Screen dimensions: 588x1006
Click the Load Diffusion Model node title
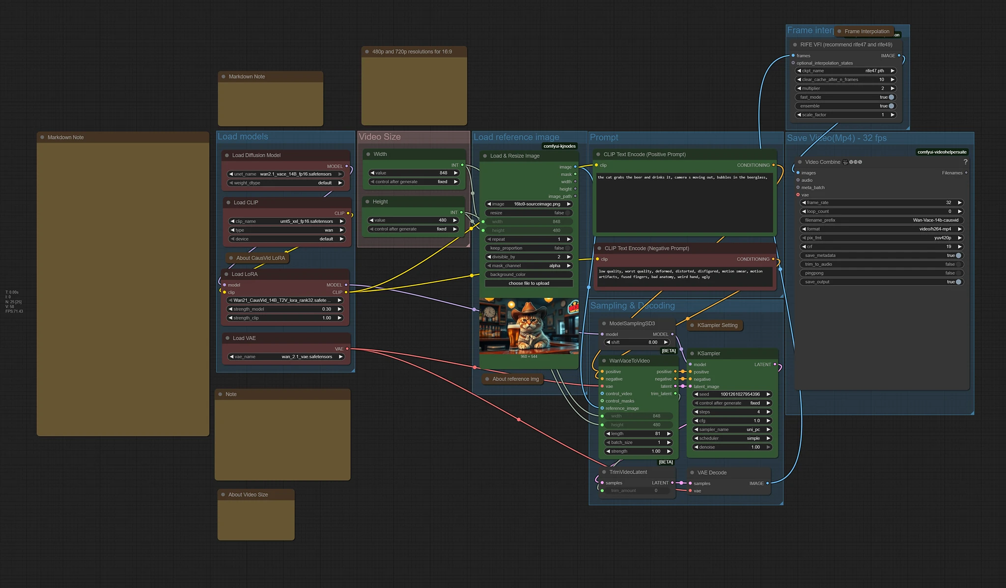tap(256, 155)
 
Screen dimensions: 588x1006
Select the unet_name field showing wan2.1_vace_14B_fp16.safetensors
tap(285, 174)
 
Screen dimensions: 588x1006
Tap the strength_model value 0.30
tap(285, 309)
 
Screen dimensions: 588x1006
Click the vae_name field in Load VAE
tap(285, 357)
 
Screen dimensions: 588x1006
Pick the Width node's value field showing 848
tap(414, 173)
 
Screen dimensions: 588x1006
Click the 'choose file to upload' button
tap(529, 283)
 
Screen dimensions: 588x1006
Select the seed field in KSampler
tap(731, 394)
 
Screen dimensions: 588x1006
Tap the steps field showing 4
tap(731, 412)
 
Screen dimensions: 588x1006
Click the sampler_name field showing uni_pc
tap(731, 429)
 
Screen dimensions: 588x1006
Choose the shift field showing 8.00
tap(637, 342)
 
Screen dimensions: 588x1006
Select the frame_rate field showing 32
tap(881, 203)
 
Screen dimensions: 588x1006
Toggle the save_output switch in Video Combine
tap(958, 282)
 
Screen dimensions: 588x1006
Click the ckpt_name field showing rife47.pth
tap(845, 71)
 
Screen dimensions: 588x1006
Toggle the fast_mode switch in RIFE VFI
tap(891, 97)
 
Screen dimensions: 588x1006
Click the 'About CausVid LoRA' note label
tap(260, 258)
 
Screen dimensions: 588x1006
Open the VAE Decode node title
tap(711, 473)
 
